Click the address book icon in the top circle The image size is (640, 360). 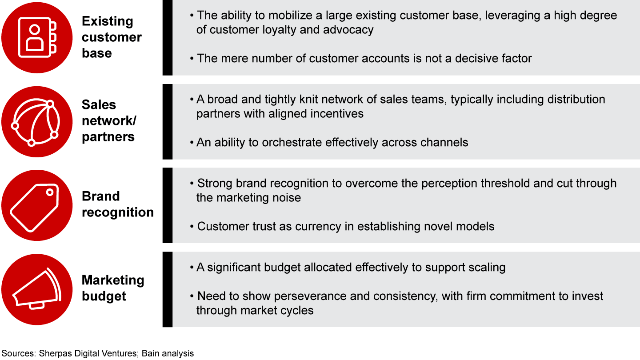37,37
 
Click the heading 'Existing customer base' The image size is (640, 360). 112,37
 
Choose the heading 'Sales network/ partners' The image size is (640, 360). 108,121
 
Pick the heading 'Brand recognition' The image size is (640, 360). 118,204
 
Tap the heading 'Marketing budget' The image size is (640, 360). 113,288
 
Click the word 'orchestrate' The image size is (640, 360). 292,142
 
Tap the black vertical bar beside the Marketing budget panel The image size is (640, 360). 168,289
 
